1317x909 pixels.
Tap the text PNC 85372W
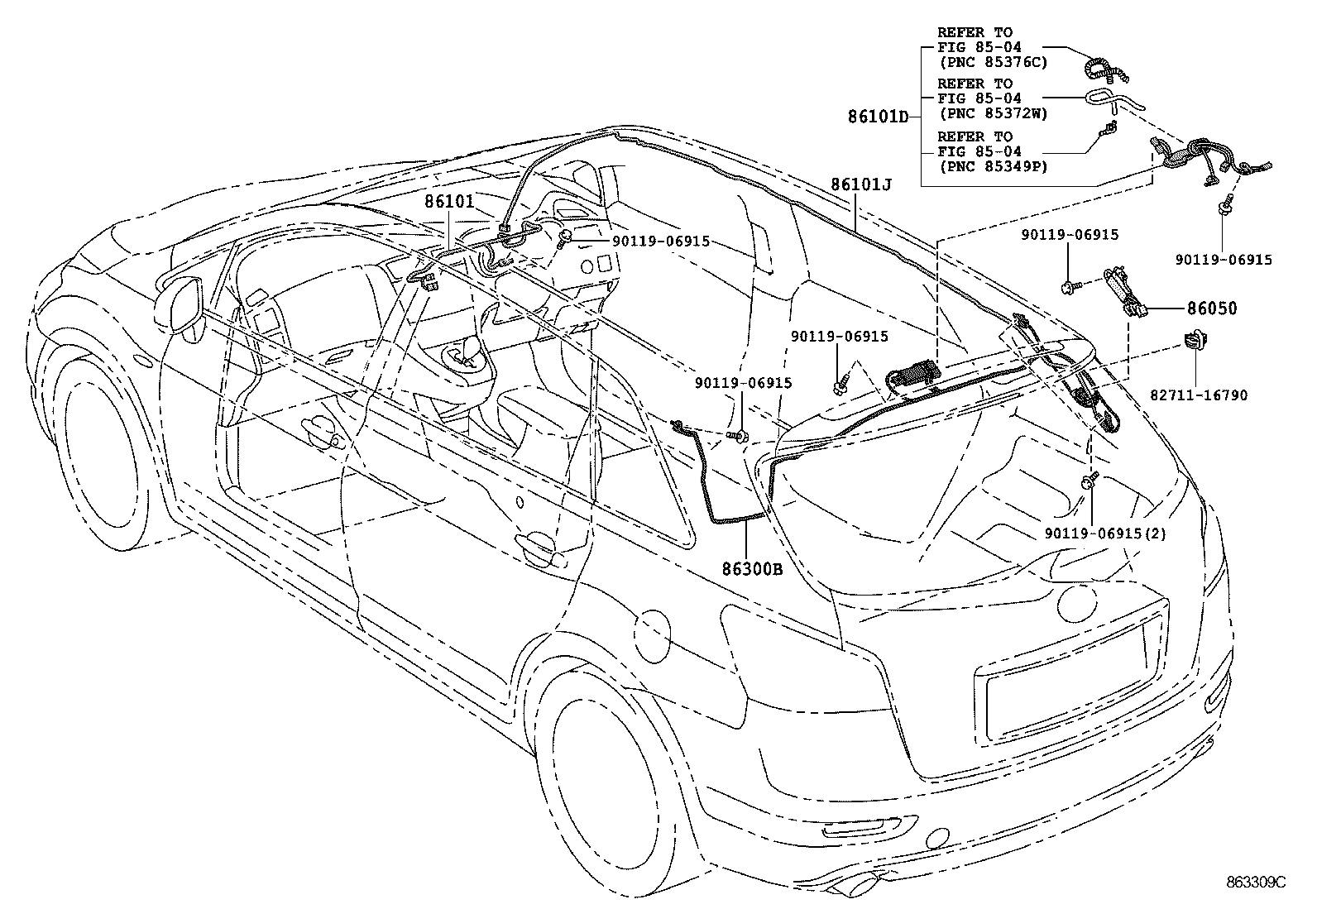tap(992, 113)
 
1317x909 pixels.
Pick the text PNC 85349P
tap(992, 166)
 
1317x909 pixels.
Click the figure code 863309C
tap(1257, 882)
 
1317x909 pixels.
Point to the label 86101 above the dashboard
tap(450, 201)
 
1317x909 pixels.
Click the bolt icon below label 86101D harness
tap(1225, 207)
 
